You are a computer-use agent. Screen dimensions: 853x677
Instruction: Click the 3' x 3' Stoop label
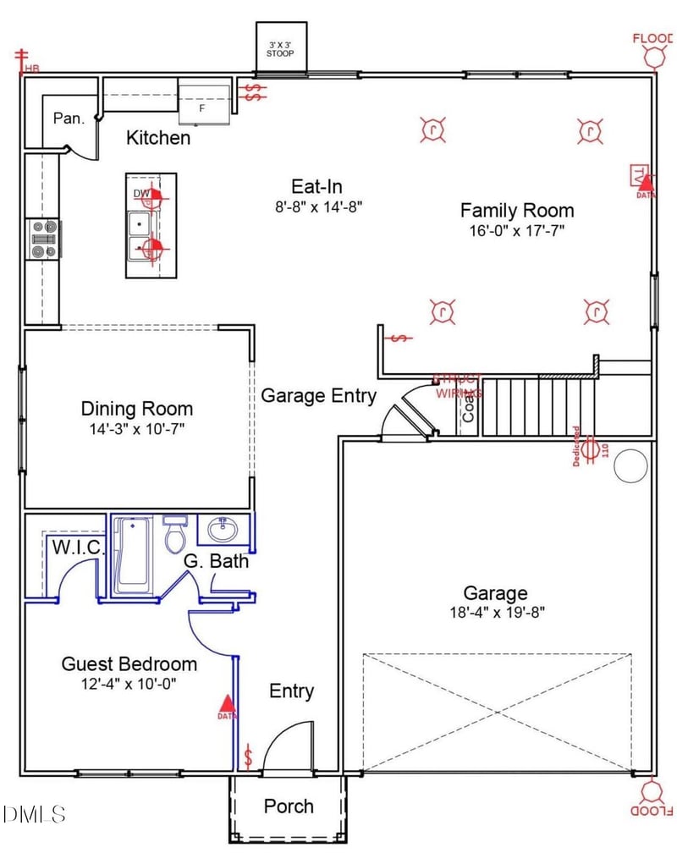tap(281, 48)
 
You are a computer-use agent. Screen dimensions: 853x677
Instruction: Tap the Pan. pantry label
tap(69, 118)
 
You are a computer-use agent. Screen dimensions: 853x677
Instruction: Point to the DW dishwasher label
tap(141, 195)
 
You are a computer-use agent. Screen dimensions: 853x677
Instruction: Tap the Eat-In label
tap(316, 187)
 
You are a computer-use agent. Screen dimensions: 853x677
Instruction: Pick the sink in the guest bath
tap(224, 531)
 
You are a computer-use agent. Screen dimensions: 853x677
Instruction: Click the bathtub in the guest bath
tap(133, 554)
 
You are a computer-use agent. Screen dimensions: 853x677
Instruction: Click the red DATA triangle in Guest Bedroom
tap(226, 702)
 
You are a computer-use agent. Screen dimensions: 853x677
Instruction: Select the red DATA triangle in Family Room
tap(646, 181)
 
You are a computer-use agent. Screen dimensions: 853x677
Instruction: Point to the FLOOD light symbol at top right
tap(653, 55)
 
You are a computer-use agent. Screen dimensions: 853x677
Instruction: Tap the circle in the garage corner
tap(630, 466)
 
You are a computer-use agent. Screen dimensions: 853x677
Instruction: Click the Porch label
tap(289, 806)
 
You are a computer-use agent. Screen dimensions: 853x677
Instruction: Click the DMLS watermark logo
tap(34, 814)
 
